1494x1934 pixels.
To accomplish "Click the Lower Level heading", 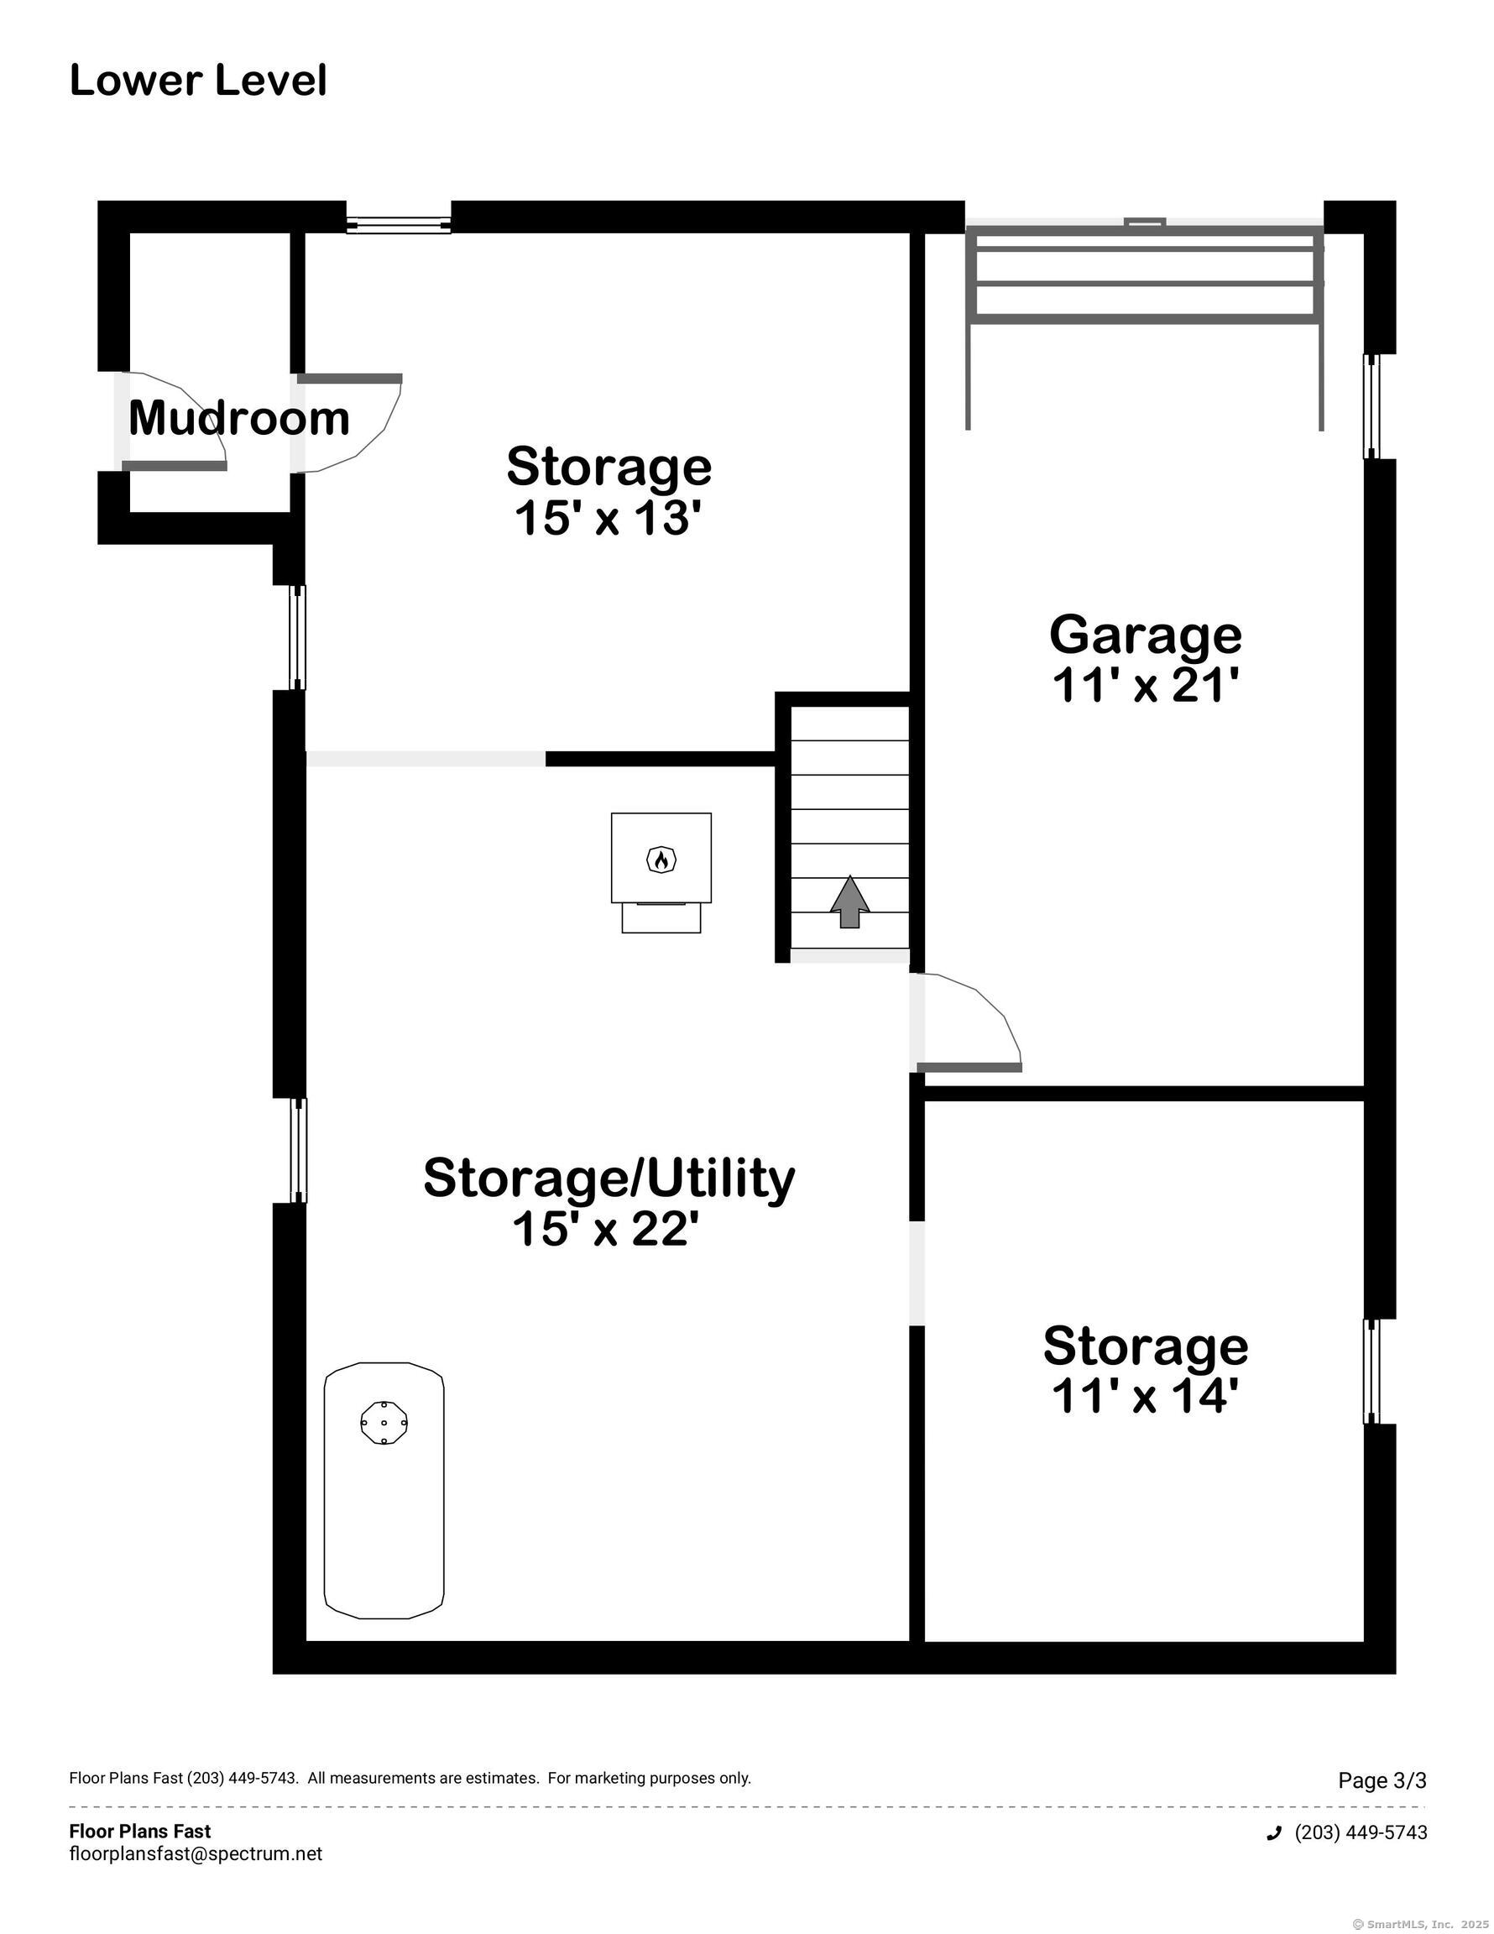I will point(198,81).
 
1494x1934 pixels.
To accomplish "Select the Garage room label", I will point(1145,634).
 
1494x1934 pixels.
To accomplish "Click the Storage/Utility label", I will point(609,1178).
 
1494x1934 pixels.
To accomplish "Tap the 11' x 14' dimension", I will point(1144,1397).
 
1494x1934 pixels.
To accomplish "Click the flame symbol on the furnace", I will point(661,859).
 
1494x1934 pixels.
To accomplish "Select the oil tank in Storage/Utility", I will point(384,1502).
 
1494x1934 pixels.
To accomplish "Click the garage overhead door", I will point(1144,274).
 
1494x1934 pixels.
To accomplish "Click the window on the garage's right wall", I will point(1371,406).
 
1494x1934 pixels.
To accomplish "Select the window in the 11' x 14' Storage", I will point(1371,1371).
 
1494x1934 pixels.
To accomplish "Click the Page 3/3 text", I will point(1382,1780).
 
